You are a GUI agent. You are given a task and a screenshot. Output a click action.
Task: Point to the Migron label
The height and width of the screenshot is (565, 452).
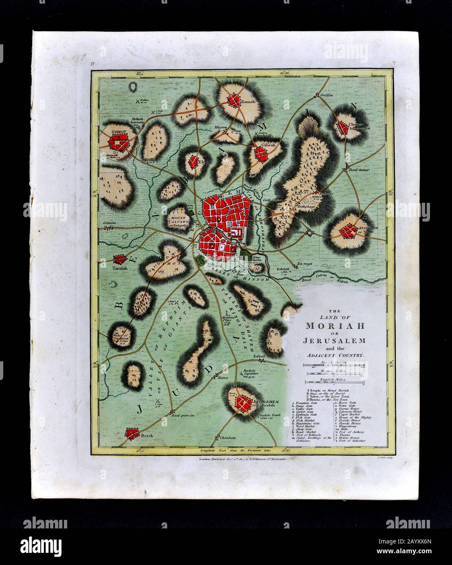pyautogui.click(x=221, y=127)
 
